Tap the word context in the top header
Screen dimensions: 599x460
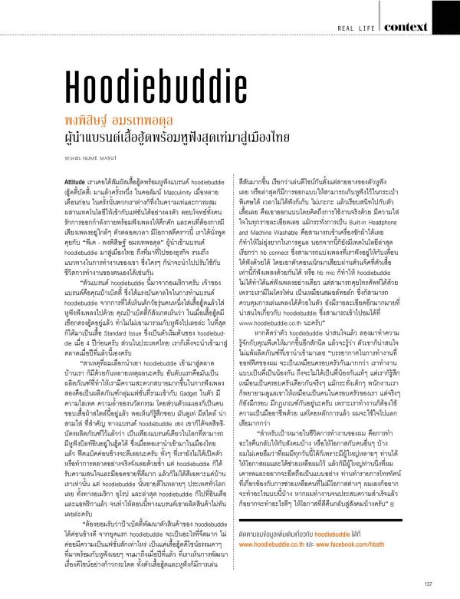tap(424, 27)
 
